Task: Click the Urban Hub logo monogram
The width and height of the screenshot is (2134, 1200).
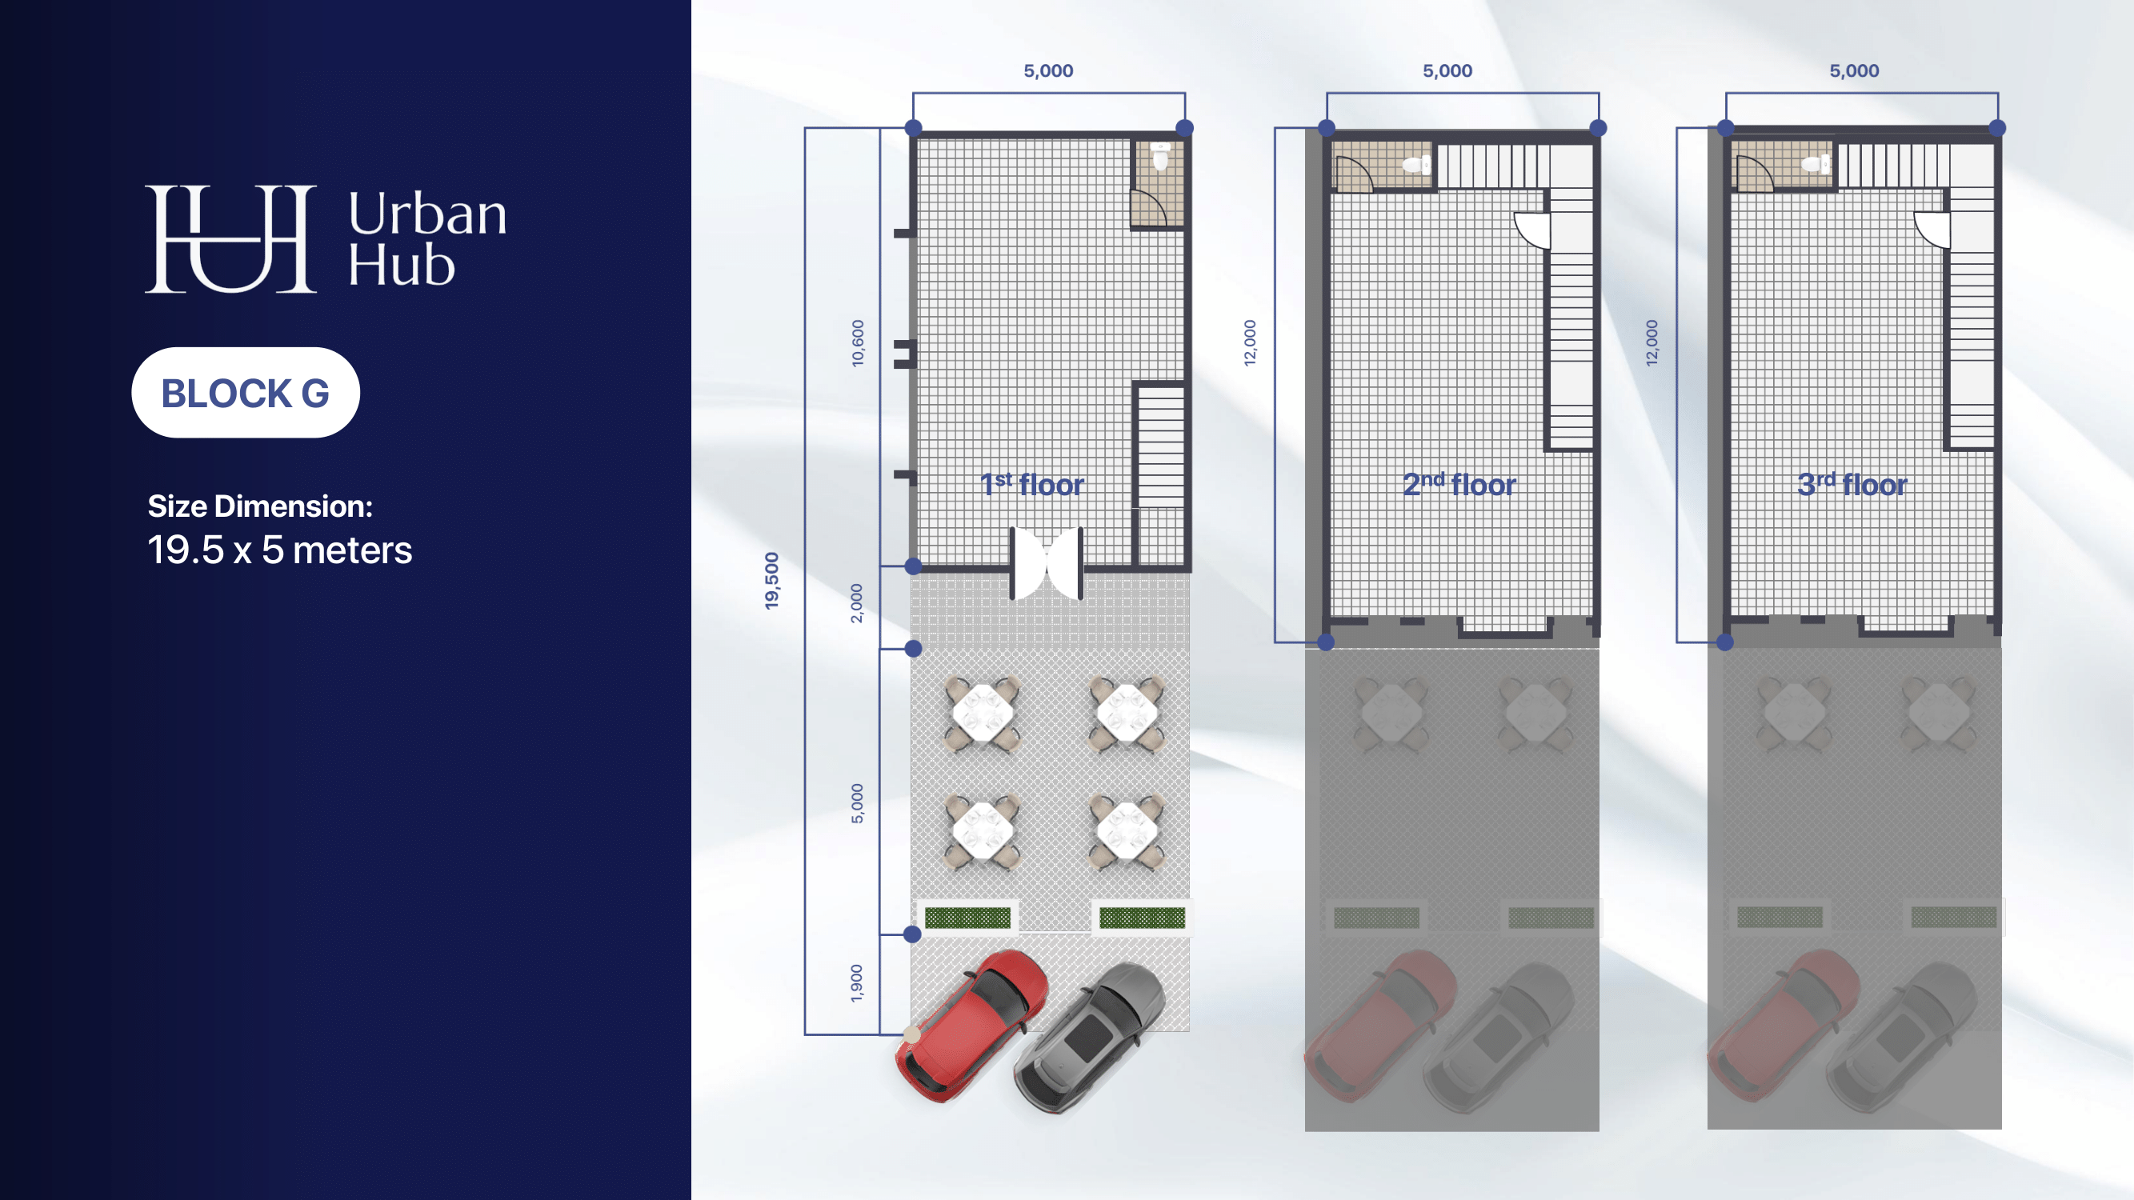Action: click(x=230, y=238)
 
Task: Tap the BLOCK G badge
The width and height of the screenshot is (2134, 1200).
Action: click(x=245, y=393)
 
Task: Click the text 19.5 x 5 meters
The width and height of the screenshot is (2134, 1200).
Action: click(x=280, y=550)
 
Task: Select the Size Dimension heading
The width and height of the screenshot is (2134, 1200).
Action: click(x=260, y=506)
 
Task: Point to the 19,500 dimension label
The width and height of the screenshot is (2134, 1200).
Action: click(x=771, y=581)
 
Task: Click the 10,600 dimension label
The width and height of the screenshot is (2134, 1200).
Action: click(x=858, y=343)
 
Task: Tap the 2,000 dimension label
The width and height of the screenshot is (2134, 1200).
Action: click(x=857, y=603)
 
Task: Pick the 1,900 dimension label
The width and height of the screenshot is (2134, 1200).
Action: click(x=857, y=983)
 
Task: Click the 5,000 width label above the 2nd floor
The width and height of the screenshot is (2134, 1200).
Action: click(x=1447, y=71)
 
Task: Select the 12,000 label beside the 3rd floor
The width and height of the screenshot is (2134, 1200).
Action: click(x=1652, y=343)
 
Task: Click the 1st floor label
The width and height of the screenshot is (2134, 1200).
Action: click(x=1032, y=485)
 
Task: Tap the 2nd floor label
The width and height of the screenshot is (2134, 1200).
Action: click(x=1459, y=485)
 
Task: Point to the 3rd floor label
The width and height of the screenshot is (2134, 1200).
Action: click(x=1852, y=485)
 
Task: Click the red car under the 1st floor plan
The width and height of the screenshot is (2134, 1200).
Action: click(x=971, y=1026)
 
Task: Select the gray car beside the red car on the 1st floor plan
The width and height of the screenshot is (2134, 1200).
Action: click(x=1089, y=1038)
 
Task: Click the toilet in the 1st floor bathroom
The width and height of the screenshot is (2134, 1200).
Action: click(x=1160, y=156)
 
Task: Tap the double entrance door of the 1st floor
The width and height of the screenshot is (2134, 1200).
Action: click(x=1047, y=563)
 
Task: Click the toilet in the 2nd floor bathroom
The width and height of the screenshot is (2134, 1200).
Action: click(x=1416, y=165)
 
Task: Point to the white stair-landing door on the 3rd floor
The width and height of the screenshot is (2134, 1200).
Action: click(x=1932, y=230)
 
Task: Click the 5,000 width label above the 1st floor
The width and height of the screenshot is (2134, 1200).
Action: click(x=1048, y=71)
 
